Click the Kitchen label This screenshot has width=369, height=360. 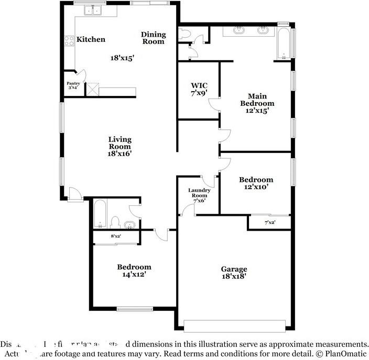(x=91, y=39)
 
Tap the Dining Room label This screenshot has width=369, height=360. (x=153, y=38)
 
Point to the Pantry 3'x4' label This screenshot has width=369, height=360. (x=72, y=85)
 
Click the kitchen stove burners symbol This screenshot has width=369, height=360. (x=69, y=40)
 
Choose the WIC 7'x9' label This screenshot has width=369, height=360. (x=199, y=89)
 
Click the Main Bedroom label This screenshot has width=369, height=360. (x=257, y=103)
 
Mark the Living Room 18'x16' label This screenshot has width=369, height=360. (x=120, y=147)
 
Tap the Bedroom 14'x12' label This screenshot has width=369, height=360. (x=134, y=270)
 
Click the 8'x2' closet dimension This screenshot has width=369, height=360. (x=116, y=237)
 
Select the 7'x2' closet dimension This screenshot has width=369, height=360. (x=270, y=223)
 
